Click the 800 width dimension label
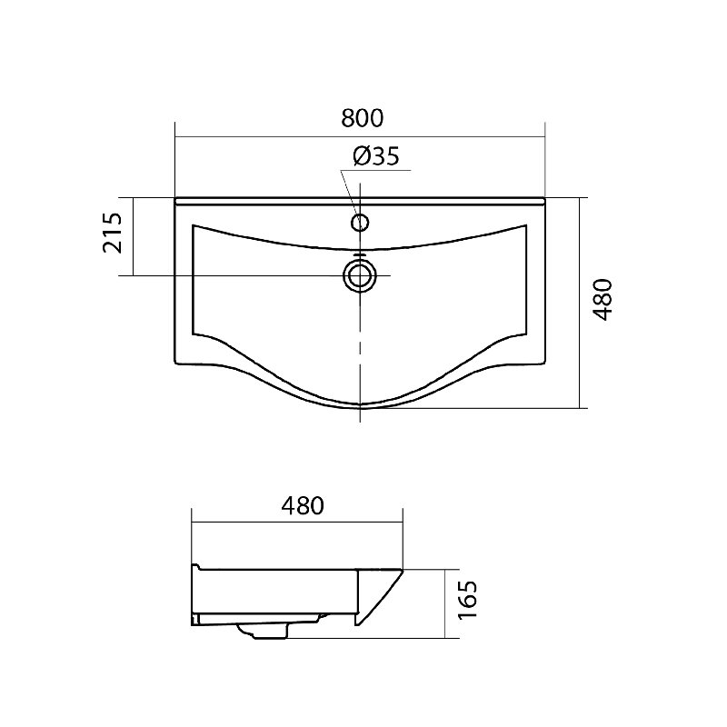coord(362,118)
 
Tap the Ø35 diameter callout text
coord(376,156)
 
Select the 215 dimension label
coord(113,233)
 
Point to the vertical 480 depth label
coord(603,300)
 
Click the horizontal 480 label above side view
coord(303,506)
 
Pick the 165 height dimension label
coord(467,599)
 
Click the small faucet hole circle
coord(360,223)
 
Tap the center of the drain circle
coord(360,276)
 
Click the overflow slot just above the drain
coord(360,255)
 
